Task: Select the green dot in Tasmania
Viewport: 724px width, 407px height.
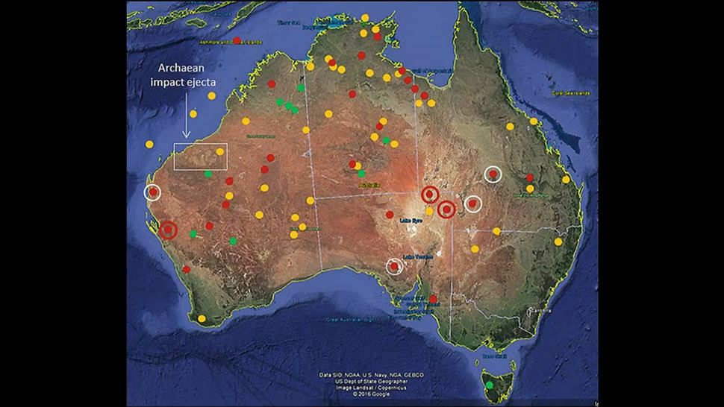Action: tap(490, 385)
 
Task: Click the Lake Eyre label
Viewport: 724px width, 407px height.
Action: tap(412, 221)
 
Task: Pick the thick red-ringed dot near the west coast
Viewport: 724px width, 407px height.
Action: tap(169, 230)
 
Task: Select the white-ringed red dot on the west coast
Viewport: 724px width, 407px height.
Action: tap(153, 192)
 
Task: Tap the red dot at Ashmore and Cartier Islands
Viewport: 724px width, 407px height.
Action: tap(237, 40)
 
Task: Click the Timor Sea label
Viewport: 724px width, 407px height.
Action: tap(288, 22)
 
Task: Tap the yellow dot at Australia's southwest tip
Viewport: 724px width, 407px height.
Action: tap(202, 319)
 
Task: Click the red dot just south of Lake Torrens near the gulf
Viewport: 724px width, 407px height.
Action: tap(434, 299)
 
